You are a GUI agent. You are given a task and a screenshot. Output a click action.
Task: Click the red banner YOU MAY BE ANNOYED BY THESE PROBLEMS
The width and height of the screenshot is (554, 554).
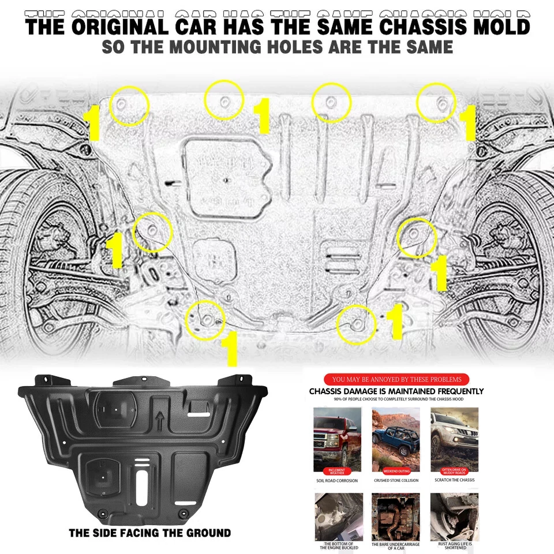point(396,379)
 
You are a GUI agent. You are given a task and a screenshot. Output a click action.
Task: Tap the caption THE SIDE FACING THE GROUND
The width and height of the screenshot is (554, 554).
point(149,533)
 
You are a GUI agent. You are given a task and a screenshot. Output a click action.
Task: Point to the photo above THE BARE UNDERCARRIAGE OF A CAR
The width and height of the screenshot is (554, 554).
point(396,516)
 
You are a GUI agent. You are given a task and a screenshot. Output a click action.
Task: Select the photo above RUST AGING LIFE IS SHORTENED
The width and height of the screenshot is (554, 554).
point(455,516)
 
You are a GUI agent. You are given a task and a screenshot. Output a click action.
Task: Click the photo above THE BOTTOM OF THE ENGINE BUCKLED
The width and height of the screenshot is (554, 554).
point(338,516)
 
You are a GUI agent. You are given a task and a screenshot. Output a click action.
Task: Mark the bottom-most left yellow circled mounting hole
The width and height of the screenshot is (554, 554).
point(205,319)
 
